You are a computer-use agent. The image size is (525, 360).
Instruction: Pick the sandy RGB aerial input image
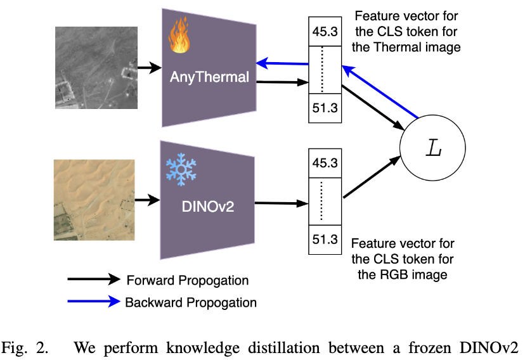tap(94, 199)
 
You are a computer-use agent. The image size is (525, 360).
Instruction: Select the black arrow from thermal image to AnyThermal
tap(149, 67)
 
